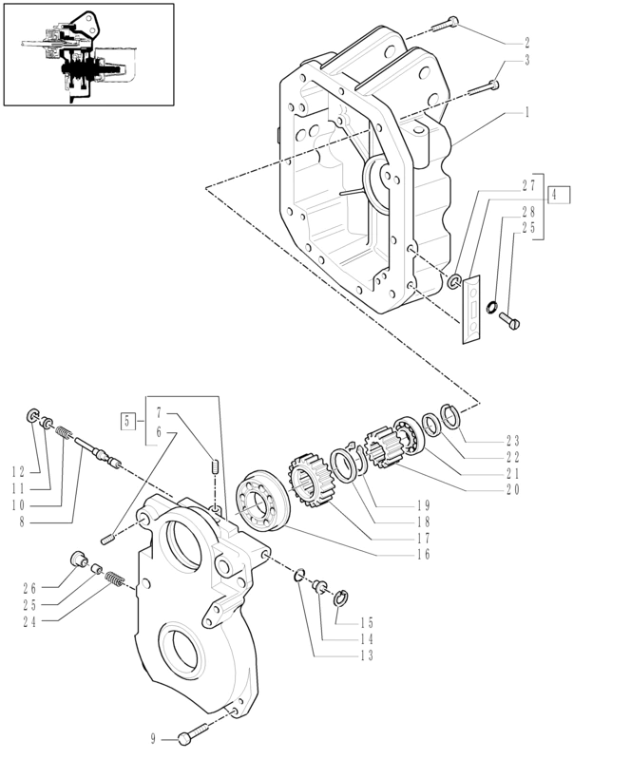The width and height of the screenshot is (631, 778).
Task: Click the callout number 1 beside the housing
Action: (x=526, y=112)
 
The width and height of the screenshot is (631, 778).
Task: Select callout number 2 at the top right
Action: (x=526, y=43)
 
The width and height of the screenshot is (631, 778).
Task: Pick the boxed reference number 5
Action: (x=126, y=419)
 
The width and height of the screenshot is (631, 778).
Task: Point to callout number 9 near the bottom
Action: (x=153, y=738)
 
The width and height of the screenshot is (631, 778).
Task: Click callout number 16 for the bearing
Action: (x=423, y=554)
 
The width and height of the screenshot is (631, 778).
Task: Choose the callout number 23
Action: (x=513, y=441)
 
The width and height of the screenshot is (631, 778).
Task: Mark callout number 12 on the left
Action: (x=18, y=471)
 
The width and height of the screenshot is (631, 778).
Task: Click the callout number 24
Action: (x=30, y=622)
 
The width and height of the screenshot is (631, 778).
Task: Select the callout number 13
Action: (x=366, y=655)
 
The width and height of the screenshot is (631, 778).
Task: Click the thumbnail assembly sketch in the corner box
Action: (x=88, y=53)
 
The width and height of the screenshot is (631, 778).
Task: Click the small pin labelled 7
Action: (x=215, y=467)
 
